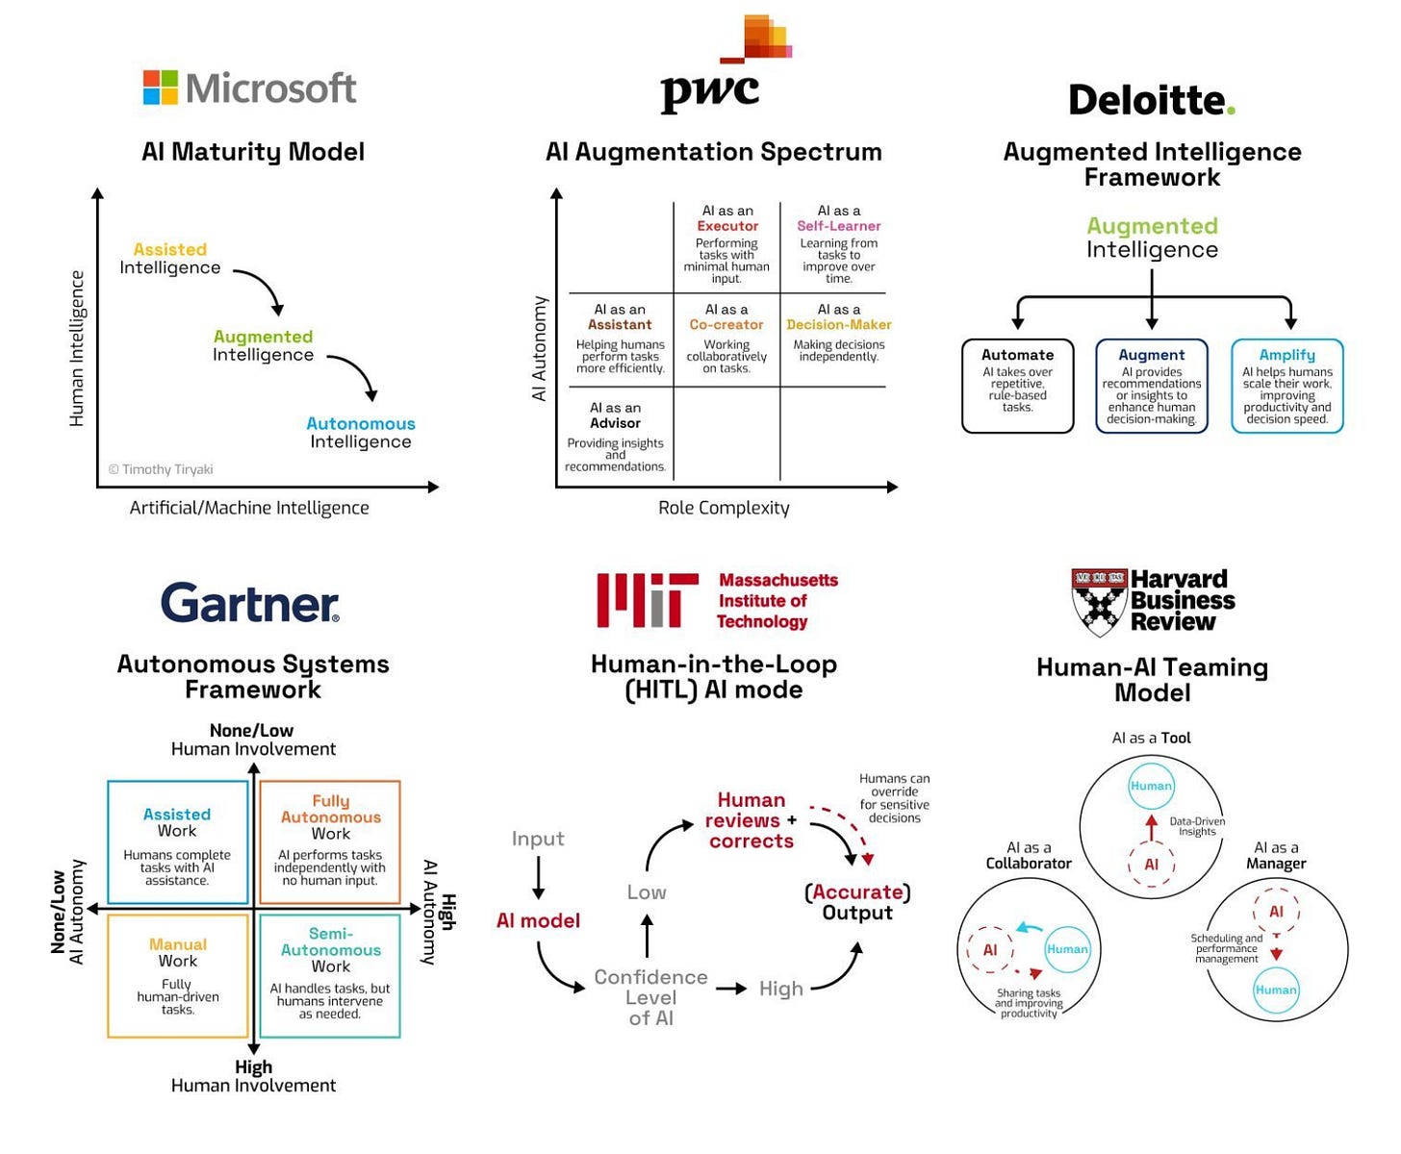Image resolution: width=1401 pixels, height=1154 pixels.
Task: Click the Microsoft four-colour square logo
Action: point(161,88)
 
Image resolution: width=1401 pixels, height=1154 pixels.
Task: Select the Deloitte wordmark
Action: point(1151,100)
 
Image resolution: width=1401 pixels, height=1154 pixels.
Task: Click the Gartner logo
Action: point(250,604)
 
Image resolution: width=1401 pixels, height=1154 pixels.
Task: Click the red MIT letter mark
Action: point(647,600)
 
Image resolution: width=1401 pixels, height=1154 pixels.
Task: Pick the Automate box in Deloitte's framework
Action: point(1017,386)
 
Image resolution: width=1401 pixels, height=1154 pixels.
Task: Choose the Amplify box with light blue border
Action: point(1286,386)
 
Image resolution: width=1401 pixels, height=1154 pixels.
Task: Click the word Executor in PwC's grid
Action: point(727,226)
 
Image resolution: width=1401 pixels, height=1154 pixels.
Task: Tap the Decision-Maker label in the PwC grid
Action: point(839,325)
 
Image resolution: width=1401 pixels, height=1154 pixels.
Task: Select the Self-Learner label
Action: point(838,226)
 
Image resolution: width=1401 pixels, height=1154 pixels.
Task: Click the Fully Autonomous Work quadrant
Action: point(330,842)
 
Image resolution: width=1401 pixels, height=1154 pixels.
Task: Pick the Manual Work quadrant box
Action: point(178,976)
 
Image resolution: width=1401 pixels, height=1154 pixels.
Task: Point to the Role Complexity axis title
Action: point(724,508)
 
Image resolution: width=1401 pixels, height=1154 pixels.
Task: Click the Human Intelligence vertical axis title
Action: point(77,348)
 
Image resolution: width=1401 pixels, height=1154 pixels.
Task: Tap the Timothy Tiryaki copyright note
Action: point(161,469)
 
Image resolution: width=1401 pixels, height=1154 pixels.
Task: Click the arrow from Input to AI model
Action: point(538,877)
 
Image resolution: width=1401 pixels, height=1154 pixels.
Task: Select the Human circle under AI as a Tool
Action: point(1151,786)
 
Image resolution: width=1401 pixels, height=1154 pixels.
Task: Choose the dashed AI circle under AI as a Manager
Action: point(1276,912)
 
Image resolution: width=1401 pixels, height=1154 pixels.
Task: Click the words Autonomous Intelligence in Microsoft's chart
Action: point(361,433)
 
